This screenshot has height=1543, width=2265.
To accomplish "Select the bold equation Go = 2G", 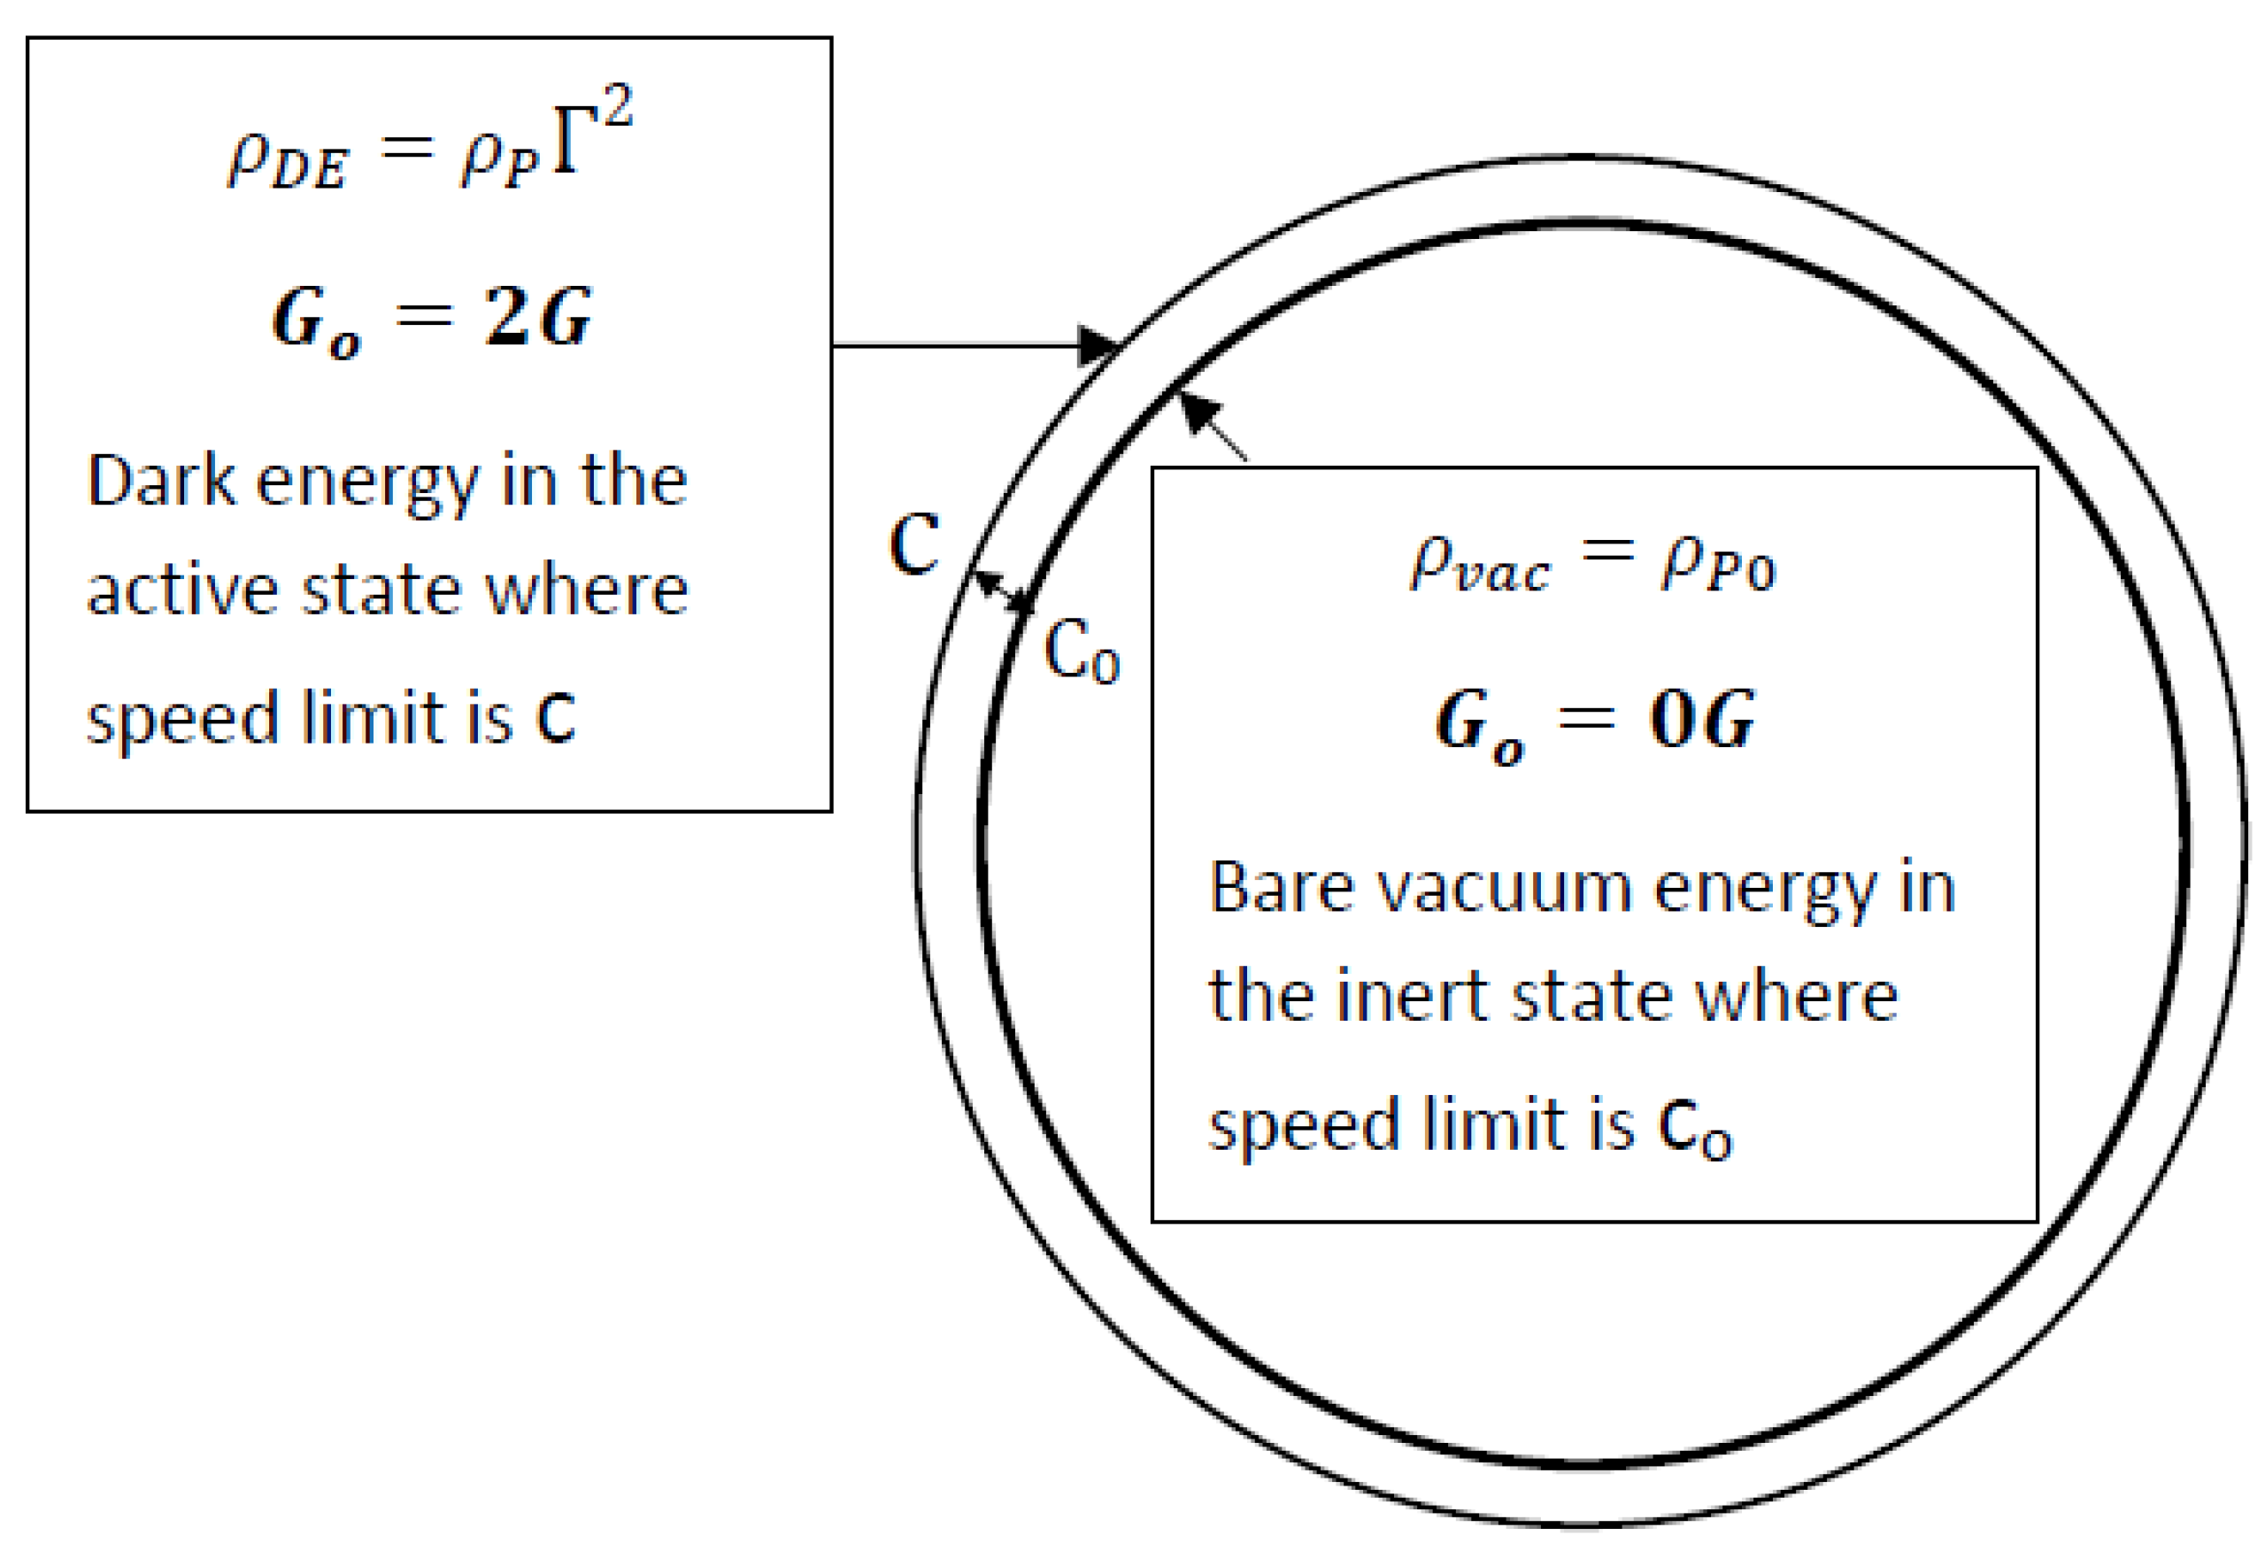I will tap(431, 318).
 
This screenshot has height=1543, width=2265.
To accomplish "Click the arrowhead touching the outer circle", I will tap(1098, 345).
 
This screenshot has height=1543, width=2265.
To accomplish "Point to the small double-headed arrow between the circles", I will tap(1004, 591).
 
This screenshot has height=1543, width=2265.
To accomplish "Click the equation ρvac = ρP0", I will tap(1592, 563).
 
